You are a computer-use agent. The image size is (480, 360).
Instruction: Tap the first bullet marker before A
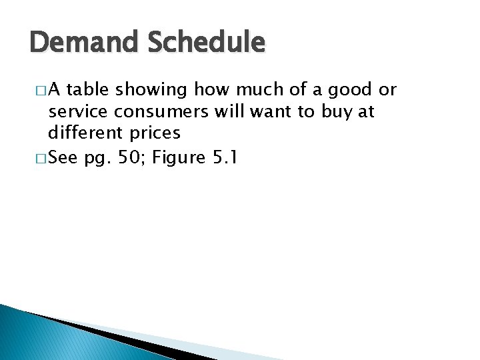tap(35, 91)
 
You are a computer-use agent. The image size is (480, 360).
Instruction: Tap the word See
tap(63, 159)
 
